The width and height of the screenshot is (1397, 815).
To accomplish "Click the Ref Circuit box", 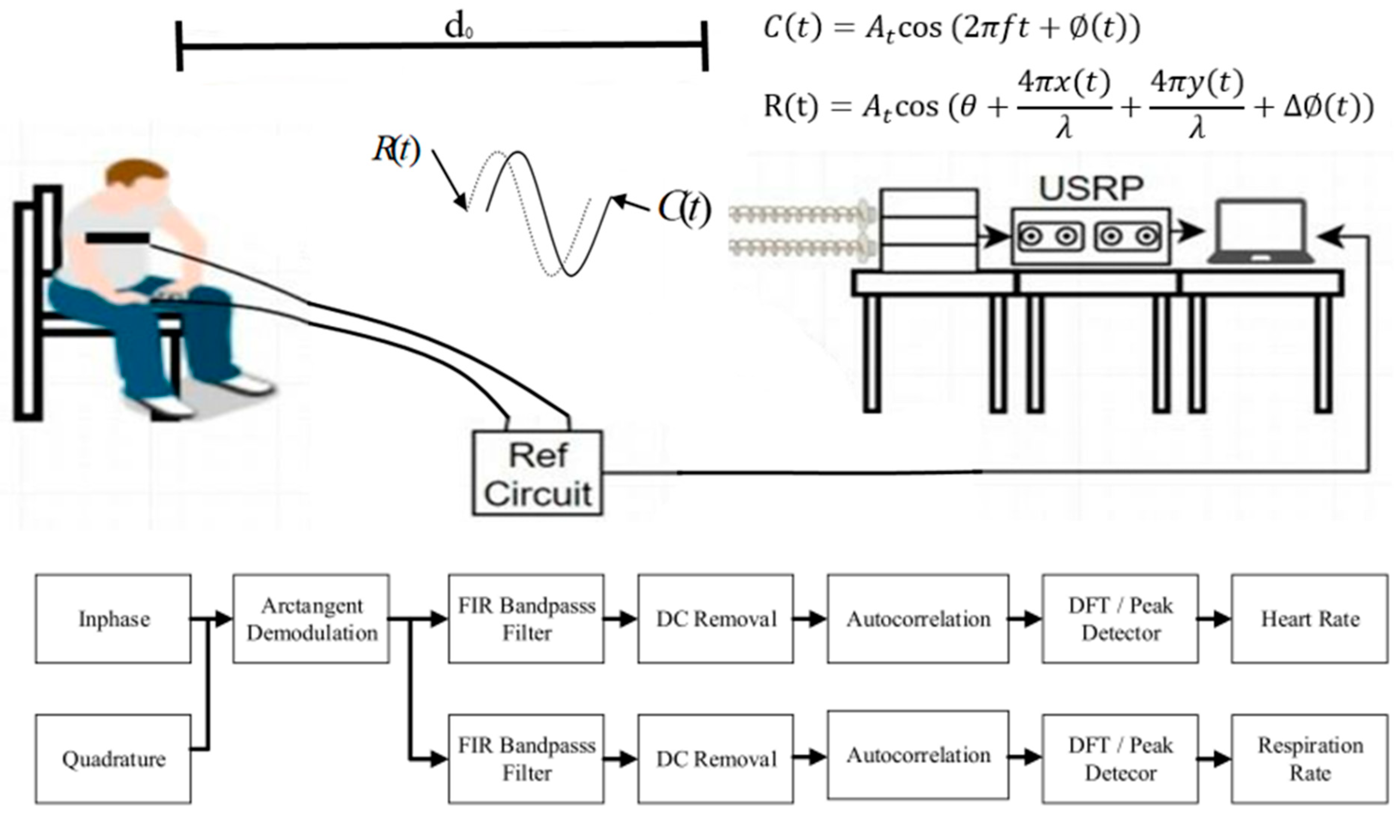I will [537, 473].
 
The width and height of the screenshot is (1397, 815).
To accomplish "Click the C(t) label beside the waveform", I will [683, 209].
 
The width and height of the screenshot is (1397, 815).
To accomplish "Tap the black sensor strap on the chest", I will [117, 238].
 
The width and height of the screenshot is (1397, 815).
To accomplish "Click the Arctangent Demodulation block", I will [311, 619].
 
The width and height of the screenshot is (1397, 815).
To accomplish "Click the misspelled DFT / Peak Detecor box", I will [1120, 759].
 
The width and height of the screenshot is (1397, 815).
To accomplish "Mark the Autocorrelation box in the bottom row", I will [918, 755].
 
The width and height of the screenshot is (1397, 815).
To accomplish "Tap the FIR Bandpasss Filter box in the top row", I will [526, 619].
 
